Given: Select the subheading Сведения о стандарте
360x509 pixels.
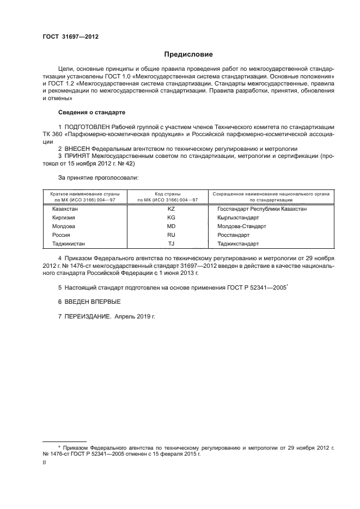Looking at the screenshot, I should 91,112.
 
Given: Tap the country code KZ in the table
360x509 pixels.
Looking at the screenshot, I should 170,208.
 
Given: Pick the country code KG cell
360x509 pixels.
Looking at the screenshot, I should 170,217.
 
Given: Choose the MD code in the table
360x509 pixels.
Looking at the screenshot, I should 170,226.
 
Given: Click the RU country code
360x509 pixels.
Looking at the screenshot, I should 170,235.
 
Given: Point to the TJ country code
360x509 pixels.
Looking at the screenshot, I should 170,243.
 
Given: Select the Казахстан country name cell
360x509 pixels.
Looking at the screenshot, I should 65,208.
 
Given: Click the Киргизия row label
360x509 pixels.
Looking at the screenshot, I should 64,217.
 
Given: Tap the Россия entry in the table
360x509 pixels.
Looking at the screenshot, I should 61,235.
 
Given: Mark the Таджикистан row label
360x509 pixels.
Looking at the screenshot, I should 69,243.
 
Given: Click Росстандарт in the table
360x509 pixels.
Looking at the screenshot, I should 233,235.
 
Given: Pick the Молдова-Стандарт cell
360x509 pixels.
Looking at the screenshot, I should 241,226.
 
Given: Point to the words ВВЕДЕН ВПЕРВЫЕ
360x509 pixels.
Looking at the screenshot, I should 92,301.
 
